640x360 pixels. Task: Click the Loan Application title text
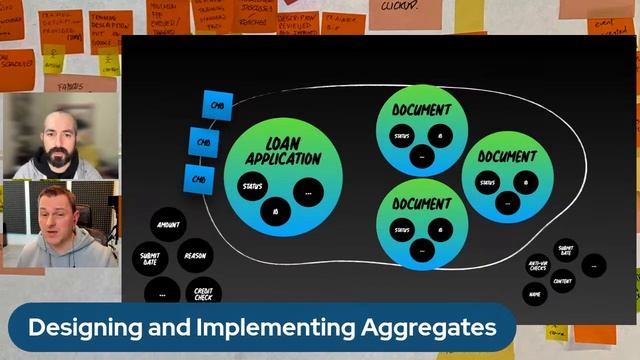(282, 151)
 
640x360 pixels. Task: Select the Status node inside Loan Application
(252, 186)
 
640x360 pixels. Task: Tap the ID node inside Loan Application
(275, 211)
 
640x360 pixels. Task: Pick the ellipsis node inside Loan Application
(308, 192)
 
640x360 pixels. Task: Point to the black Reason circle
(195, 255)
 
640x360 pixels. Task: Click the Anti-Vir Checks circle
(538, 266)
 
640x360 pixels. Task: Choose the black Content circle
(563, 281)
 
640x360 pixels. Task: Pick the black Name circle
(536, 296)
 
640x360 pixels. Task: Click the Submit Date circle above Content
(566, 251)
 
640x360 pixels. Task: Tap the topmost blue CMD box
(217, 105)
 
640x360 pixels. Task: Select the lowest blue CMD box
(199, 179)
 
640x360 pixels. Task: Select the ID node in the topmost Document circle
(440, 136)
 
